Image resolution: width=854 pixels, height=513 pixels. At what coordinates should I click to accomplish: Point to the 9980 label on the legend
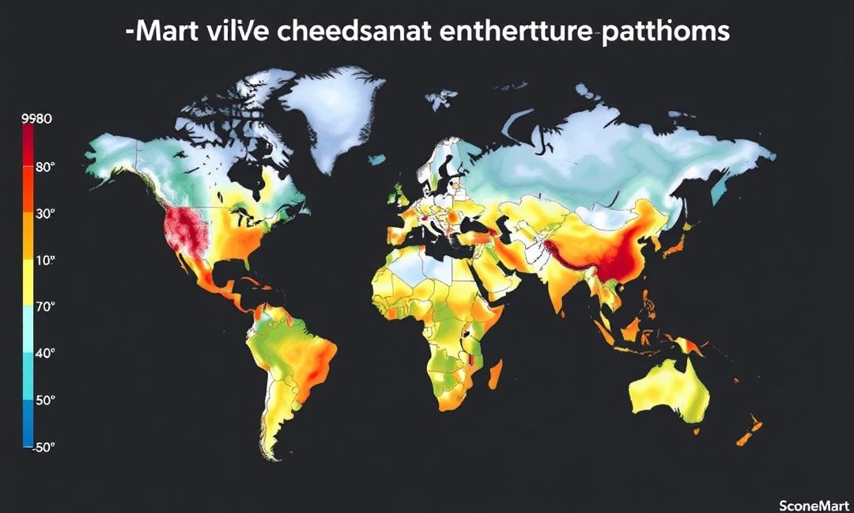coord(37,120)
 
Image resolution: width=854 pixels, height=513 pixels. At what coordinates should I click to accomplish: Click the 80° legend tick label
coord(45,167)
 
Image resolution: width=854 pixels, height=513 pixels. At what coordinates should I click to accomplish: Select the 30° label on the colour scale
coord(45,214)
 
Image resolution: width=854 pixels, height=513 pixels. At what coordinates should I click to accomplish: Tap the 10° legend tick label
coord(45,260)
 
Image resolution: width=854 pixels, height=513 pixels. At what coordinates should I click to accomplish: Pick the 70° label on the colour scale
coord(45,306)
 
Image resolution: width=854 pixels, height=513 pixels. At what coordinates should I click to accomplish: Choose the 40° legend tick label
coord(45,353)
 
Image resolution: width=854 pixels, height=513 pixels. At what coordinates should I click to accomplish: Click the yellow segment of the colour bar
coord(28,281)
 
